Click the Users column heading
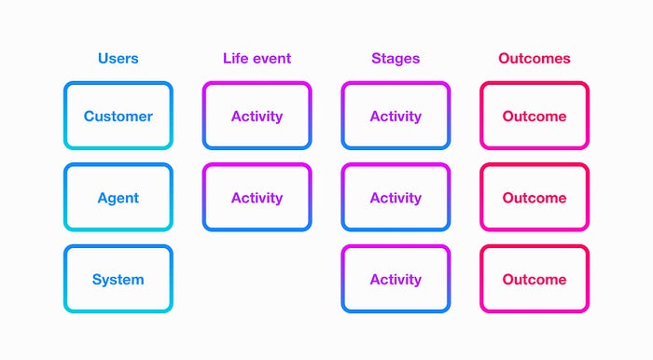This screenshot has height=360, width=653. (118, 58)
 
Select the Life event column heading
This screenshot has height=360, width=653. (257, 58)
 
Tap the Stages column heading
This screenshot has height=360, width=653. (396, 59)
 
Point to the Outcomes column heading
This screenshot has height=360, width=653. (535, 58)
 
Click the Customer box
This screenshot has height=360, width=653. (118, 83)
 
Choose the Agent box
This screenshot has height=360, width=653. (118, 165)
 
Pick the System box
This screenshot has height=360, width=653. (118, 246)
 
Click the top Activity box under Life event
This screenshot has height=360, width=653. (257, 83)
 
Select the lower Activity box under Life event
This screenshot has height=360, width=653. (257, 165)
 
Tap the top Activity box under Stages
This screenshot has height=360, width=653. (396, 83)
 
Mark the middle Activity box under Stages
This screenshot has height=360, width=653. (396, 165)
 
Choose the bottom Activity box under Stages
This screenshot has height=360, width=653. (396, 246)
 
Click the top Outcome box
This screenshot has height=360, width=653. (535, 83)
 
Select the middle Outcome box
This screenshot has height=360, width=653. (535, 165)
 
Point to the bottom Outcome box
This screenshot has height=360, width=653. (535, 246)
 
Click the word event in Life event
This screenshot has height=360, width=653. (272, 59)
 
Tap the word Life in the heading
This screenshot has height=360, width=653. (236, 58)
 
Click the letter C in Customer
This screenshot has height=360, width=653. (90, 117)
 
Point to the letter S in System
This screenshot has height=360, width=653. (97, 279)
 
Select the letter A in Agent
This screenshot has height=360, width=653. (104, 198)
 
